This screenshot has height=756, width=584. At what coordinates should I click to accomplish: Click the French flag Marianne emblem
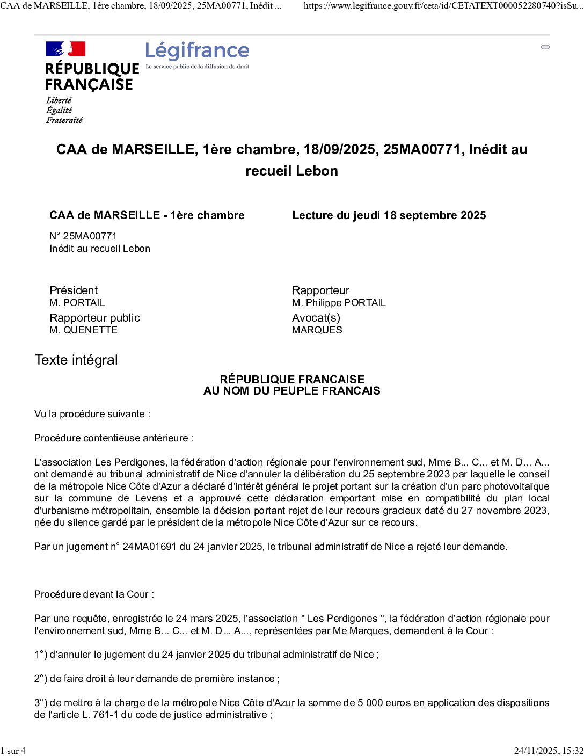tap(65, 49)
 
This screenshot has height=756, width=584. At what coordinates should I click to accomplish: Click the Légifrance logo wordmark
tap(197, 51)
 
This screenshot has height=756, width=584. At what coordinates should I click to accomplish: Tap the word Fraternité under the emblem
tap(64, 120)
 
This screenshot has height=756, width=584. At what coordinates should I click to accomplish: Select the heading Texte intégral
tap(76, 360)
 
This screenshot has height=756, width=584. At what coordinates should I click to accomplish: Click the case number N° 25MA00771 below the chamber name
tap(83, 236)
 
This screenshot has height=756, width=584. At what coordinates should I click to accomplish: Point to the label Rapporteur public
tap(94, 318)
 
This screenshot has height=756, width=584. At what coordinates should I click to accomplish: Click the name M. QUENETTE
tap(83, 330)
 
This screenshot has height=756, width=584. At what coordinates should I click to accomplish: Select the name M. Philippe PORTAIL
tap(339, 303)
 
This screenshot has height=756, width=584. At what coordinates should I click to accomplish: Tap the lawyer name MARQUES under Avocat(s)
tap(317, 330)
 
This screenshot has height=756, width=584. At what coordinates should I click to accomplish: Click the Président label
tap(74, 290)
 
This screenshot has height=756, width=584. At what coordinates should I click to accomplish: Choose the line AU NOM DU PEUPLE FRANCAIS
tap(291, 391)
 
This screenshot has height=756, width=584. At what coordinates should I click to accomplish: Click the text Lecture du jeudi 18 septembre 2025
tap(389, 215)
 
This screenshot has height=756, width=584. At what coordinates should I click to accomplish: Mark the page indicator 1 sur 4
tap(13, 751)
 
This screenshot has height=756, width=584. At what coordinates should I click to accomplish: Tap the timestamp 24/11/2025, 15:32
tap(548, 751)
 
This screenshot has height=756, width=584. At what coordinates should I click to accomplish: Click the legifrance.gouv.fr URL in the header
tap(443, 6)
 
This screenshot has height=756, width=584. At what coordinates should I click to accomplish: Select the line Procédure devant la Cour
tap(94, 594)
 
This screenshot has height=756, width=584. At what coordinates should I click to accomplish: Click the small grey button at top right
tap(545, 47)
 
